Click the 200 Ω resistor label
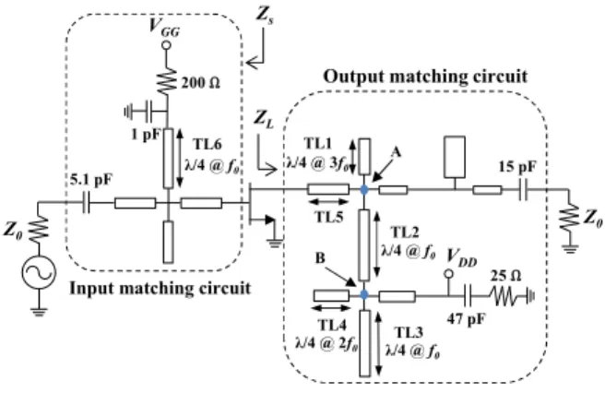coord(200,83)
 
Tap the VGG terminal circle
coord(166,45)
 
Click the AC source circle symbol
coord(39,272)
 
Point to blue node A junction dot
coord(364,189)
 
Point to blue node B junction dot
coord(364,295)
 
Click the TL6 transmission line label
coord(208,145)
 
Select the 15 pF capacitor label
coord(517,167)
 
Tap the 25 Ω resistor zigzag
coord(506,296)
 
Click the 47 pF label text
coord(466,319)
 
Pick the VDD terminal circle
coord(449,274)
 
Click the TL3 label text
coord(409,332)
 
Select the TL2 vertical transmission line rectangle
coord(364,245)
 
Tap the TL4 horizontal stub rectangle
coord(331,296)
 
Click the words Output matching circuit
coord(425,77)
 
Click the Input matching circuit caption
coord(160,289)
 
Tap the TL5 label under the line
coord(329,217)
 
